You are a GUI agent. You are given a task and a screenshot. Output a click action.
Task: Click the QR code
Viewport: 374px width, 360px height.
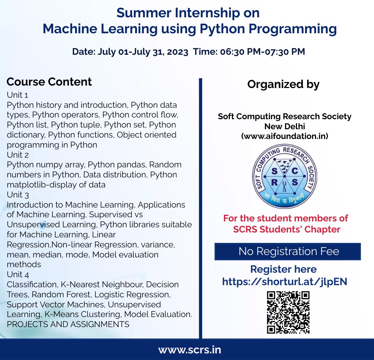(x=288, y=312)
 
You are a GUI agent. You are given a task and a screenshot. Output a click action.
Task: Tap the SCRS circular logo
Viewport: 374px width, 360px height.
(x=284, y=176)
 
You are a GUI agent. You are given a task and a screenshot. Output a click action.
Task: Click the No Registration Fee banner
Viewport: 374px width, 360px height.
(x=288, y=251)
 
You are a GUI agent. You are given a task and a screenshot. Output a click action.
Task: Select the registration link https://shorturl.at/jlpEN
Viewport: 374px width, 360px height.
(x=285, y=282)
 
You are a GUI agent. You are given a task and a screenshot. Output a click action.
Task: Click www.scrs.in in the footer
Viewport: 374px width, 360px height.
(x=190, y=350)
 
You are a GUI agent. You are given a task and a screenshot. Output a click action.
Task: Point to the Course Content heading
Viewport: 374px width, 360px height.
(x=49, y=82)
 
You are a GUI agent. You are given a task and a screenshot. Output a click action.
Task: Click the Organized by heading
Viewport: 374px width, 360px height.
(x=284, y=85)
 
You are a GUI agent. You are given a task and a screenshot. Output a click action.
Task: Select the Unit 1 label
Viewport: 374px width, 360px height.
(x=18, y=95)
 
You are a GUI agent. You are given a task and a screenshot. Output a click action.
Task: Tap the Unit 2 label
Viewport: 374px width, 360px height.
(x=18, y=155)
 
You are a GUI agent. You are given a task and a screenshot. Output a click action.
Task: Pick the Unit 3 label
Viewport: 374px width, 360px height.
(x=18, y=195)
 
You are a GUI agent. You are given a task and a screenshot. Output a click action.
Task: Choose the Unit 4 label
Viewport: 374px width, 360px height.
(x=18, y=275)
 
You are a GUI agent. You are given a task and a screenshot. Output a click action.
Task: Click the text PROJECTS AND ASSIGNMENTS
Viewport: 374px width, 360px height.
(x=68, y=324)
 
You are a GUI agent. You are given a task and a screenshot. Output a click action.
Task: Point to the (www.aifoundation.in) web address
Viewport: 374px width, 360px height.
(x=285, y=136)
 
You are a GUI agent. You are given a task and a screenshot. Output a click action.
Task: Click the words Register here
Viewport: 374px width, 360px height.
(x=284, y=269)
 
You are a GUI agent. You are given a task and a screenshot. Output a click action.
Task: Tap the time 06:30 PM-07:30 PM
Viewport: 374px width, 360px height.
(x=262, y=52)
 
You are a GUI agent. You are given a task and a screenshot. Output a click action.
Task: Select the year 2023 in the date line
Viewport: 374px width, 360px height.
(x=177, y=52)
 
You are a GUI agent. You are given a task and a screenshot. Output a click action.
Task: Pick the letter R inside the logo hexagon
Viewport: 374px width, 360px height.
(x=275, y=182)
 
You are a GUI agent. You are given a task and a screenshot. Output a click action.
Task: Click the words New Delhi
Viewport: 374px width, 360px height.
(x=285, y=126)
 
